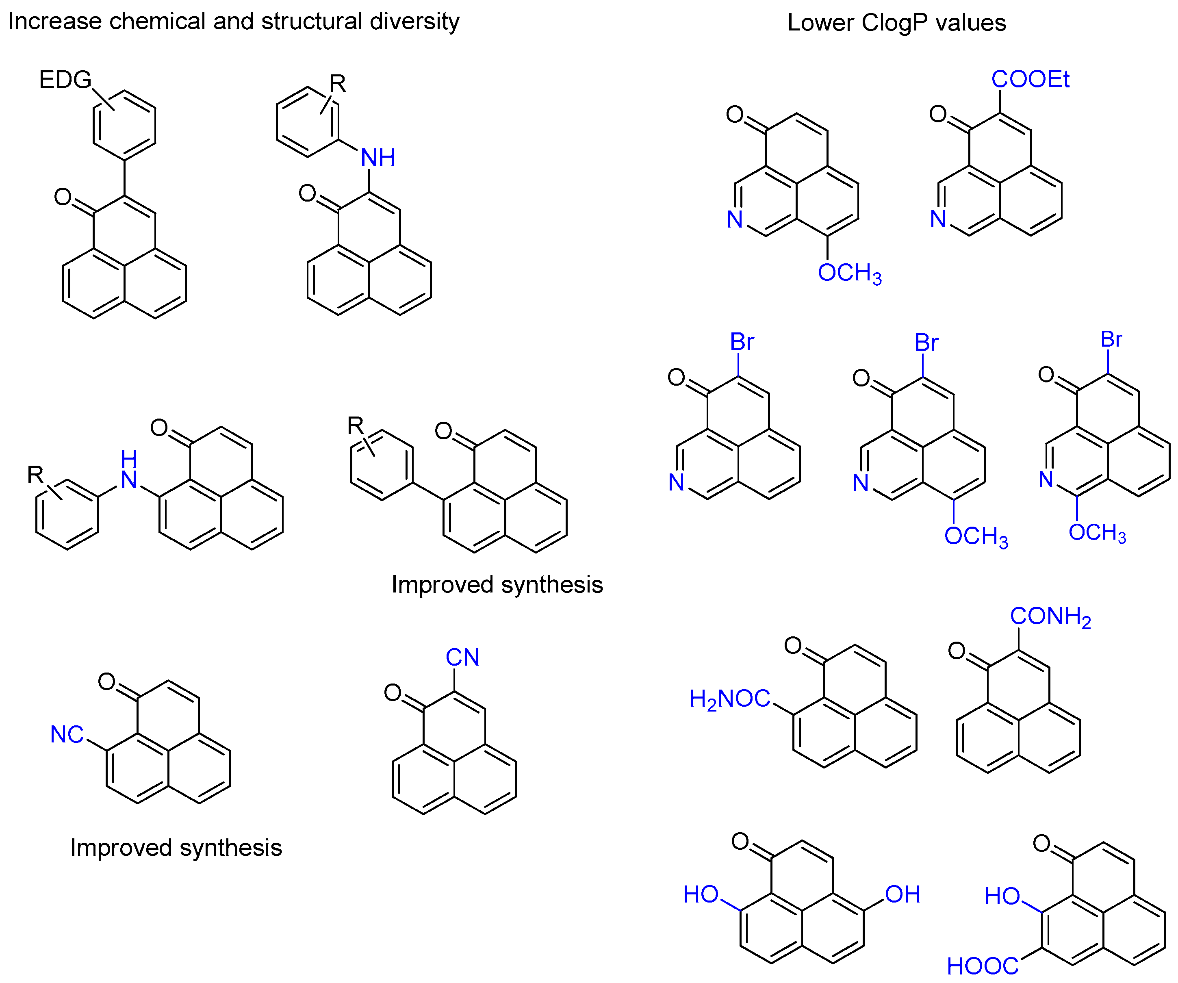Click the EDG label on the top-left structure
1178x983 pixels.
click(65, 80)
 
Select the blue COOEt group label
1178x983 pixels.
click(1030, 79)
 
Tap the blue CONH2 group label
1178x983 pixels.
click(1050, 616)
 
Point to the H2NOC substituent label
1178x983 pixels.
click(729, 699)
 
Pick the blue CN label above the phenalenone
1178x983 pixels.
click(462, 657)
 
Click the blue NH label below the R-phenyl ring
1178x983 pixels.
click(377, 158)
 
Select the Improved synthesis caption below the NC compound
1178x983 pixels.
click(176, 847)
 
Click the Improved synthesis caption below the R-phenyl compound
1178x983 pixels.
click(497, 585)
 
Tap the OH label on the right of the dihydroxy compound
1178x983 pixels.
click(902, 894)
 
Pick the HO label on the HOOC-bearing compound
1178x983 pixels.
click(1002, 896)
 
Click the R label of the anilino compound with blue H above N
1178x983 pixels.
click(35, 475)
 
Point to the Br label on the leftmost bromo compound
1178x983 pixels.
click(742, 342)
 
